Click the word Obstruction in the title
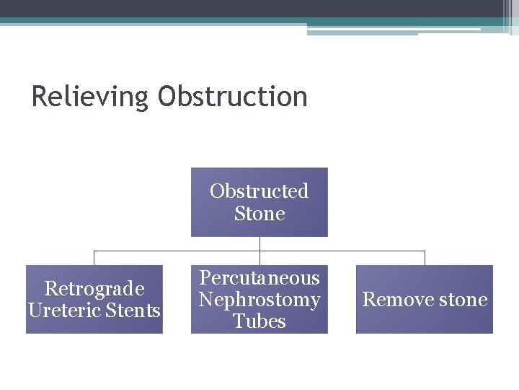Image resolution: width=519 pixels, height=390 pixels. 232,97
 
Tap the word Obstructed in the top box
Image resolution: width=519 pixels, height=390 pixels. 259,191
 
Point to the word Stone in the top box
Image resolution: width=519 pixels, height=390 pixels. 259,214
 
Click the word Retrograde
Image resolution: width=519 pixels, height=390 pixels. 94,289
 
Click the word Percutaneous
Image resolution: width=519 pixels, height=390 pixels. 259,278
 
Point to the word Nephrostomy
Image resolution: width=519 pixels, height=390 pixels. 259,299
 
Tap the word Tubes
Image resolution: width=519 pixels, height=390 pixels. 259,321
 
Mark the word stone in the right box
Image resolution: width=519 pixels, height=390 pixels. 463,300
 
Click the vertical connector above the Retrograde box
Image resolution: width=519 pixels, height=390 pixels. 94,258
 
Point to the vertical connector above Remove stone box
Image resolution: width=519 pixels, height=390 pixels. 425,258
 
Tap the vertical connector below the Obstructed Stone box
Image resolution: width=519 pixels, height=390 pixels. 259,243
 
